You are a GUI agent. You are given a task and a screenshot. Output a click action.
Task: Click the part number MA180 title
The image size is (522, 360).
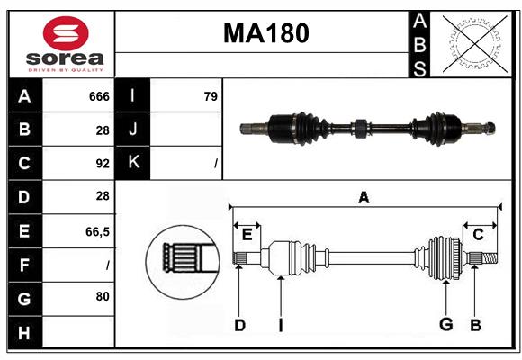coord(265,33)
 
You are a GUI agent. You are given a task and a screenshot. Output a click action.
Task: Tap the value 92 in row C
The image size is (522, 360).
coord(102,164)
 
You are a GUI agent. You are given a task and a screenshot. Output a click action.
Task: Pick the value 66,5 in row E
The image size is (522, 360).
coord(97,231)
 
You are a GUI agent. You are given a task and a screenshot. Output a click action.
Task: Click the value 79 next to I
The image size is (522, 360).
coord(211,96)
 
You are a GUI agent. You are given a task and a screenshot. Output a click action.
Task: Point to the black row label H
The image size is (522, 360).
coord(24,332)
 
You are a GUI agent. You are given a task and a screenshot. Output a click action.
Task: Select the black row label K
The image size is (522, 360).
coord(133,163)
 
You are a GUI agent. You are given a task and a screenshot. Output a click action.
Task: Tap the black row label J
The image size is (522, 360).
coord(133,130)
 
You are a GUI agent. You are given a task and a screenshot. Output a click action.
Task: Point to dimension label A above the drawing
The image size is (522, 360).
coord(364,198)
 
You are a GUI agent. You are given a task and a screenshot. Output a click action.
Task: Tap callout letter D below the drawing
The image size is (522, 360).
coord(239,325)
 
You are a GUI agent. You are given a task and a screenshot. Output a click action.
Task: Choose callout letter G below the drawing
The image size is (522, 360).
coord(445,325)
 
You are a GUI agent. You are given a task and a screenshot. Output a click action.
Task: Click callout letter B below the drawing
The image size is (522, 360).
coord(475,325)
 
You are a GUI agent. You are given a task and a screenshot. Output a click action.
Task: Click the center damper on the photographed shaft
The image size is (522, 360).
coord(359,128)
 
